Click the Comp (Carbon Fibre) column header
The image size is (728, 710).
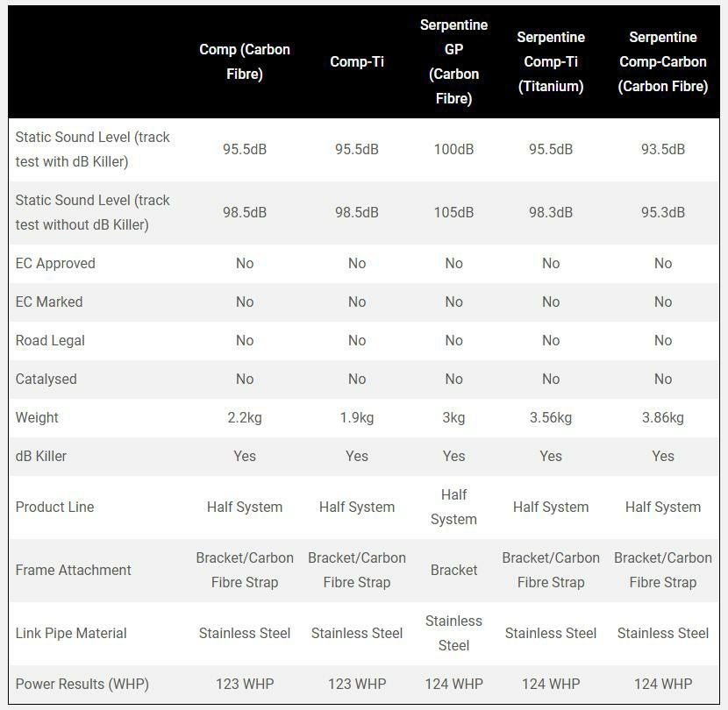coord(245,61)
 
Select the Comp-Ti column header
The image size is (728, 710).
coord(357,61)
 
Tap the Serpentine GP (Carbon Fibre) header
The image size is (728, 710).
coord(453,61)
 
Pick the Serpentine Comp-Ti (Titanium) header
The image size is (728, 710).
coord(551,61)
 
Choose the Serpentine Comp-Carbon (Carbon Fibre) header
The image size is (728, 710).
coord(663,61)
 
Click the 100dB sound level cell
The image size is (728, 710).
coord(453,149)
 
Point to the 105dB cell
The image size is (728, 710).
coord(453,212)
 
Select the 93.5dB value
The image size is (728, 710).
coord(663,149)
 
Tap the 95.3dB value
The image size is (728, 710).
coord(663,212)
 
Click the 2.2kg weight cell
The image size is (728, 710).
coord(245,417)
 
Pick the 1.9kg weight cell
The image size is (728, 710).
coord(357,417)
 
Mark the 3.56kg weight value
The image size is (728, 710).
coord(551,417)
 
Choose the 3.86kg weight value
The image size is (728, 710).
coord(663,417)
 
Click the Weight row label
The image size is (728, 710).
coord(37,417)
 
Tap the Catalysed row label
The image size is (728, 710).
coord(46,379)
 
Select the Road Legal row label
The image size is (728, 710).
coord(50,340)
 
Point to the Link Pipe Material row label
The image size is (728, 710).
coord(71,633)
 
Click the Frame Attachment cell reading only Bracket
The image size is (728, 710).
coord(453,570)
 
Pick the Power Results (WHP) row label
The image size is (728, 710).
coord(82,684)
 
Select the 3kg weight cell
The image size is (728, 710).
coord(453,417)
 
